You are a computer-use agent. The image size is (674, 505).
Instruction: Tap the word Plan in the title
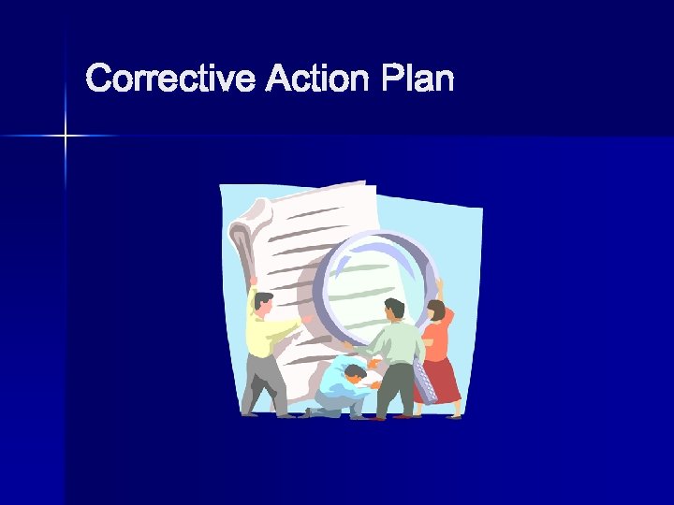[x=418, y=79]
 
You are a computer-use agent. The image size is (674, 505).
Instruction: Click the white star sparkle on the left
[x=66, y=137]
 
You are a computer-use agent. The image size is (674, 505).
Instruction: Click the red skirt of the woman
[x=440, y=379]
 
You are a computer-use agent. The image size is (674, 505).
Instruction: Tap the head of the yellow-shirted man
[x=263, y=303]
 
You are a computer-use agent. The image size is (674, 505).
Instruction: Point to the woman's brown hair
[x=437, y=310]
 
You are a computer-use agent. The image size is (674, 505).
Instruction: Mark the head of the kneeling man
[x=354, y=375]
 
